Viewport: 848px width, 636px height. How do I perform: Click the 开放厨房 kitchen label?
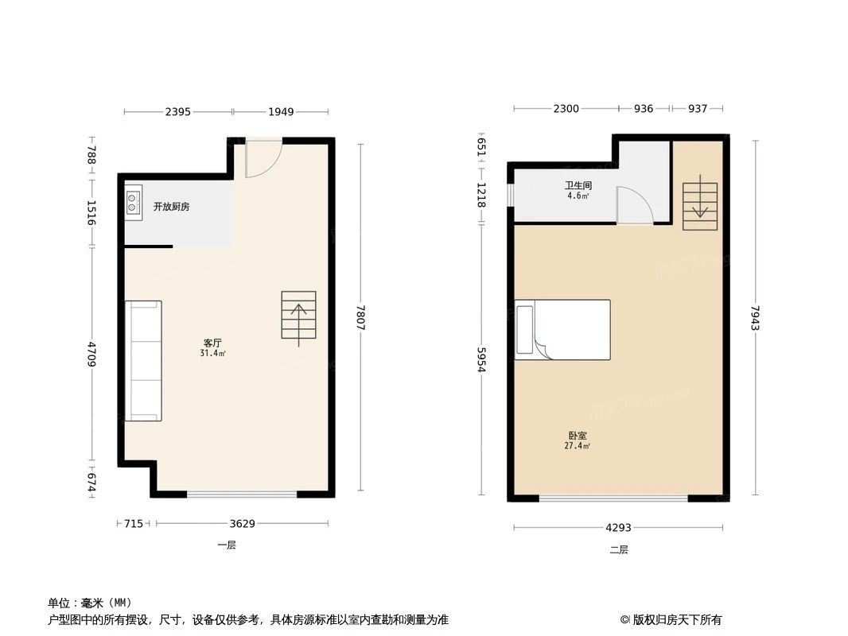(x=171, y=207)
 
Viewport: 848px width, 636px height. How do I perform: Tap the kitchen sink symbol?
(x=133, y=203)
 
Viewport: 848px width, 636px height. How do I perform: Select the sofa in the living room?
(x=143, y=361)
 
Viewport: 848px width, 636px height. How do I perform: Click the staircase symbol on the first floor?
(x=298, y=316)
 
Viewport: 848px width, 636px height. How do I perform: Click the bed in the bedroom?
(x=562, y=329)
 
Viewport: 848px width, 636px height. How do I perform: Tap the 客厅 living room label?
(x=212, y=343)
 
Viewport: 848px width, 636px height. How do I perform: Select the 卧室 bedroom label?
(x=578, y=436)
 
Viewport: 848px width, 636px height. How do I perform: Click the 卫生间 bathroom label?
(x=578, y=185)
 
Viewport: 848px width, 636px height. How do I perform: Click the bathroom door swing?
(x=635, y=205)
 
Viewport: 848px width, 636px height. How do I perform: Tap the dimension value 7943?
(x=755, y=319)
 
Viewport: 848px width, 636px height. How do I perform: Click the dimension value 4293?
(x=618, y=527)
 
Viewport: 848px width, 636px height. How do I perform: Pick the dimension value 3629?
(x=243, y=523)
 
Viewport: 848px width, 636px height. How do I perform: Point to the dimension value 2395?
(x=177, y=112)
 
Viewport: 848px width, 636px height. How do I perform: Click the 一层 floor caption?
(x=227, y=545)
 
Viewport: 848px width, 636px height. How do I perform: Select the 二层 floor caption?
(x=618, y=549)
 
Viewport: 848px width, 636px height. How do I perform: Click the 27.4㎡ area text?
(x=578, y=447)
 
